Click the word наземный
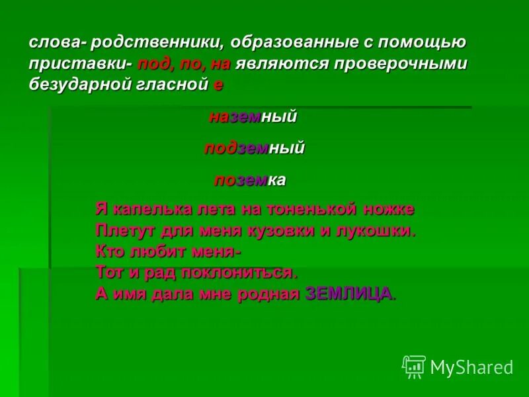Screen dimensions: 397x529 click(x=253, y=117)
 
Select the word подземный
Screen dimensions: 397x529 click(x=254, y=148)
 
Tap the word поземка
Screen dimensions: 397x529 click(x=249, y=179)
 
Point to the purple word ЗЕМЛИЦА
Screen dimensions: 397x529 click(x=350, y=294)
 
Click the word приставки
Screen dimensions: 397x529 click(x=80, y=64)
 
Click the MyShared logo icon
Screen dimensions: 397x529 click(x=414, y=366)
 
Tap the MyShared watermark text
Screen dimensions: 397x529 click(x=471, y=367)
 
